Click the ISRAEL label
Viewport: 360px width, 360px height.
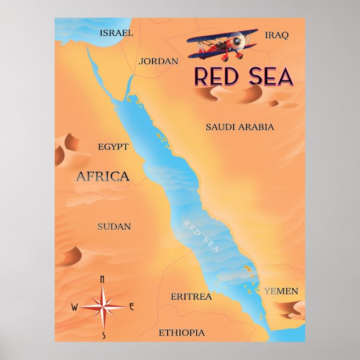(x=116, y=33)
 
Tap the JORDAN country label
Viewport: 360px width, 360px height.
(x=159, y=61)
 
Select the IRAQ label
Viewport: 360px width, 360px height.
(x=277, y=35)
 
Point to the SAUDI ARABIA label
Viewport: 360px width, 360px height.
(x=240, y=127)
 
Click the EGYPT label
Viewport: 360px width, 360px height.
(x=113, y=147)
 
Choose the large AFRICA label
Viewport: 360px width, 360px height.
(x=102, y=177)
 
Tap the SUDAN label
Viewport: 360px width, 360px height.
(x=114, y=226)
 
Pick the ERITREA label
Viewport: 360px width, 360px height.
(x=191, y=296)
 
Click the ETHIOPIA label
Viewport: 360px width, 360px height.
(x=182, y=333)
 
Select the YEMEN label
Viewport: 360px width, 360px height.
(x=281, y=291)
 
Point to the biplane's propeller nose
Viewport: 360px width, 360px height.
(x=240, y=41)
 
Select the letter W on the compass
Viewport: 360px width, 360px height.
(x=74, y=307)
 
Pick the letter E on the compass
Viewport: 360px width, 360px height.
(x=131, y=306)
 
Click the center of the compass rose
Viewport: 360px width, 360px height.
(x=103, y=306)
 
